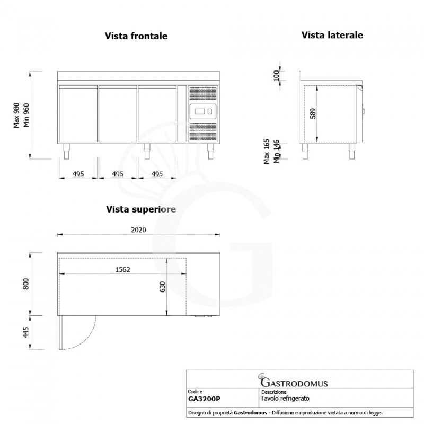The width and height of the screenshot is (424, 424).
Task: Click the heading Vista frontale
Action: [136, 36]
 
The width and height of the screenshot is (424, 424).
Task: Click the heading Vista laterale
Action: [332, 35]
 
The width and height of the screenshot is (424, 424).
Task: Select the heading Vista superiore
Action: [140, 209]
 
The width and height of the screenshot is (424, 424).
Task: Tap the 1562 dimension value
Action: [122, 269]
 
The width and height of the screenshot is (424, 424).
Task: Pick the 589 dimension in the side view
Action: [312, 113]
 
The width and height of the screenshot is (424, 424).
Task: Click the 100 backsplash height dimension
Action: [276, 75]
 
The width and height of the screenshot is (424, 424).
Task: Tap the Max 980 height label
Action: [17, 114]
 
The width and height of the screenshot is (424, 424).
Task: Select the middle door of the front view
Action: [118, 114]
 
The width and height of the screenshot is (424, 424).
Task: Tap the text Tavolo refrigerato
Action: [285, 397]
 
